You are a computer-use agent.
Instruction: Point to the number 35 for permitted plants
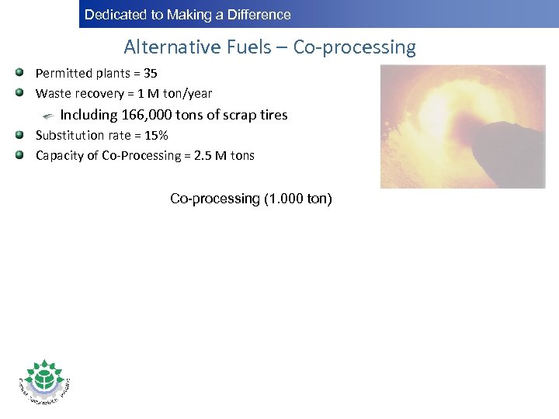(x=150, y=74)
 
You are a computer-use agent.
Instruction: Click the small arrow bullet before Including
(x=48, y=115)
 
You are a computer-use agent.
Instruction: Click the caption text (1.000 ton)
(x=298, y=199)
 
